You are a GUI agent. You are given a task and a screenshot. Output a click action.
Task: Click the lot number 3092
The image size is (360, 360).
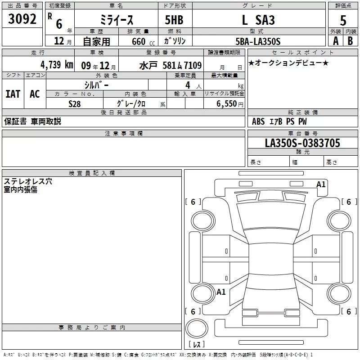pos(22,19)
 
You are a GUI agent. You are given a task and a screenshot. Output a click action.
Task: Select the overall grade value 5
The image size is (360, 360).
pos(343,20)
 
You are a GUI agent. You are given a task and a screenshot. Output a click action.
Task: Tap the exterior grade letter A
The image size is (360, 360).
pos(336,41)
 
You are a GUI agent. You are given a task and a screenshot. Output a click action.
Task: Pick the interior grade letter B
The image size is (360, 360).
pos(350,41)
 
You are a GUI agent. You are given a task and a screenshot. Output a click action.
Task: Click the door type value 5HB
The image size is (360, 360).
pos(174,20)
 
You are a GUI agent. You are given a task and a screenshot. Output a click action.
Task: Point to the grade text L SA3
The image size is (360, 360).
pos(258,20)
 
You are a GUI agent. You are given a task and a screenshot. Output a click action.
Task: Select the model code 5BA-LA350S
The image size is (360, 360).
pos(258,41)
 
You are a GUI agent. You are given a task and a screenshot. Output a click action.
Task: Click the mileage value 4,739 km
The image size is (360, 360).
pos(57,65)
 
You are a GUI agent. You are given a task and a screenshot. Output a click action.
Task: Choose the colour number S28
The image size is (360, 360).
pos(74,104)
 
